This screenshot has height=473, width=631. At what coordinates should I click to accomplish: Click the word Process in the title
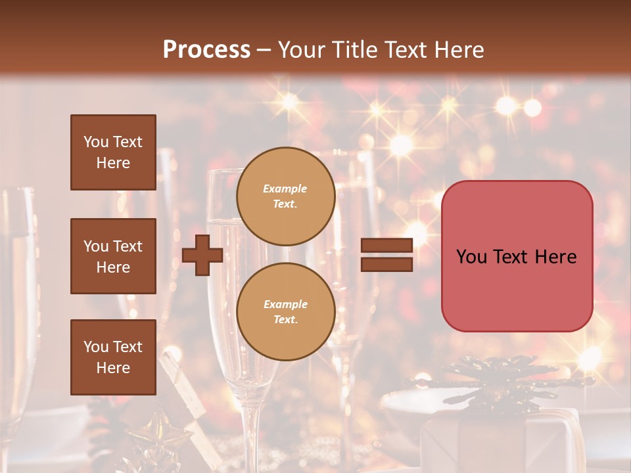pyautogui.click(x=206, y=49)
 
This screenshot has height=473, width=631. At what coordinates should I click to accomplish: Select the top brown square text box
pyautogui.click(x=113, y=152)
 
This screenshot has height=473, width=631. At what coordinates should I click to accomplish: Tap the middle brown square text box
pyautogui.click(x=113, y=256)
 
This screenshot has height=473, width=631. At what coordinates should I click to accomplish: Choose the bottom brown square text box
pyautogui.click(x=113, y=357)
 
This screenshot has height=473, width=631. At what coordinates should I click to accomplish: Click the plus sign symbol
pyautogui.click(x=202, y=255)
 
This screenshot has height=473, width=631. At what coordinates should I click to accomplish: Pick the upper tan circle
pyautogui.click(x=286, y=196)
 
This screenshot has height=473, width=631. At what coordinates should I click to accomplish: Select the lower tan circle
pyautogui.click(x=286, y=312)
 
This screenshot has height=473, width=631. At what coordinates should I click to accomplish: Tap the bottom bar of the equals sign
pyautogui.click(x=386, y=264)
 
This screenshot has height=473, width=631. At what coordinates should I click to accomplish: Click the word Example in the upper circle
pyautogui.click(x=285, y=189)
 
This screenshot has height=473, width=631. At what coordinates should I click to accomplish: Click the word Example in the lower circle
pyautogui.click(x=285, y=304)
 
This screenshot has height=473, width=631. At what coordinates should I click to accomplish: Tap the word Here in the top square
pyautogui.click(x=113, y=163)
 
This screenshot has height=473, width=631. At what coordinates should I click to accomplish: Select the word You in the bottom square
pyautogui.click(x=95, y=347)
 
